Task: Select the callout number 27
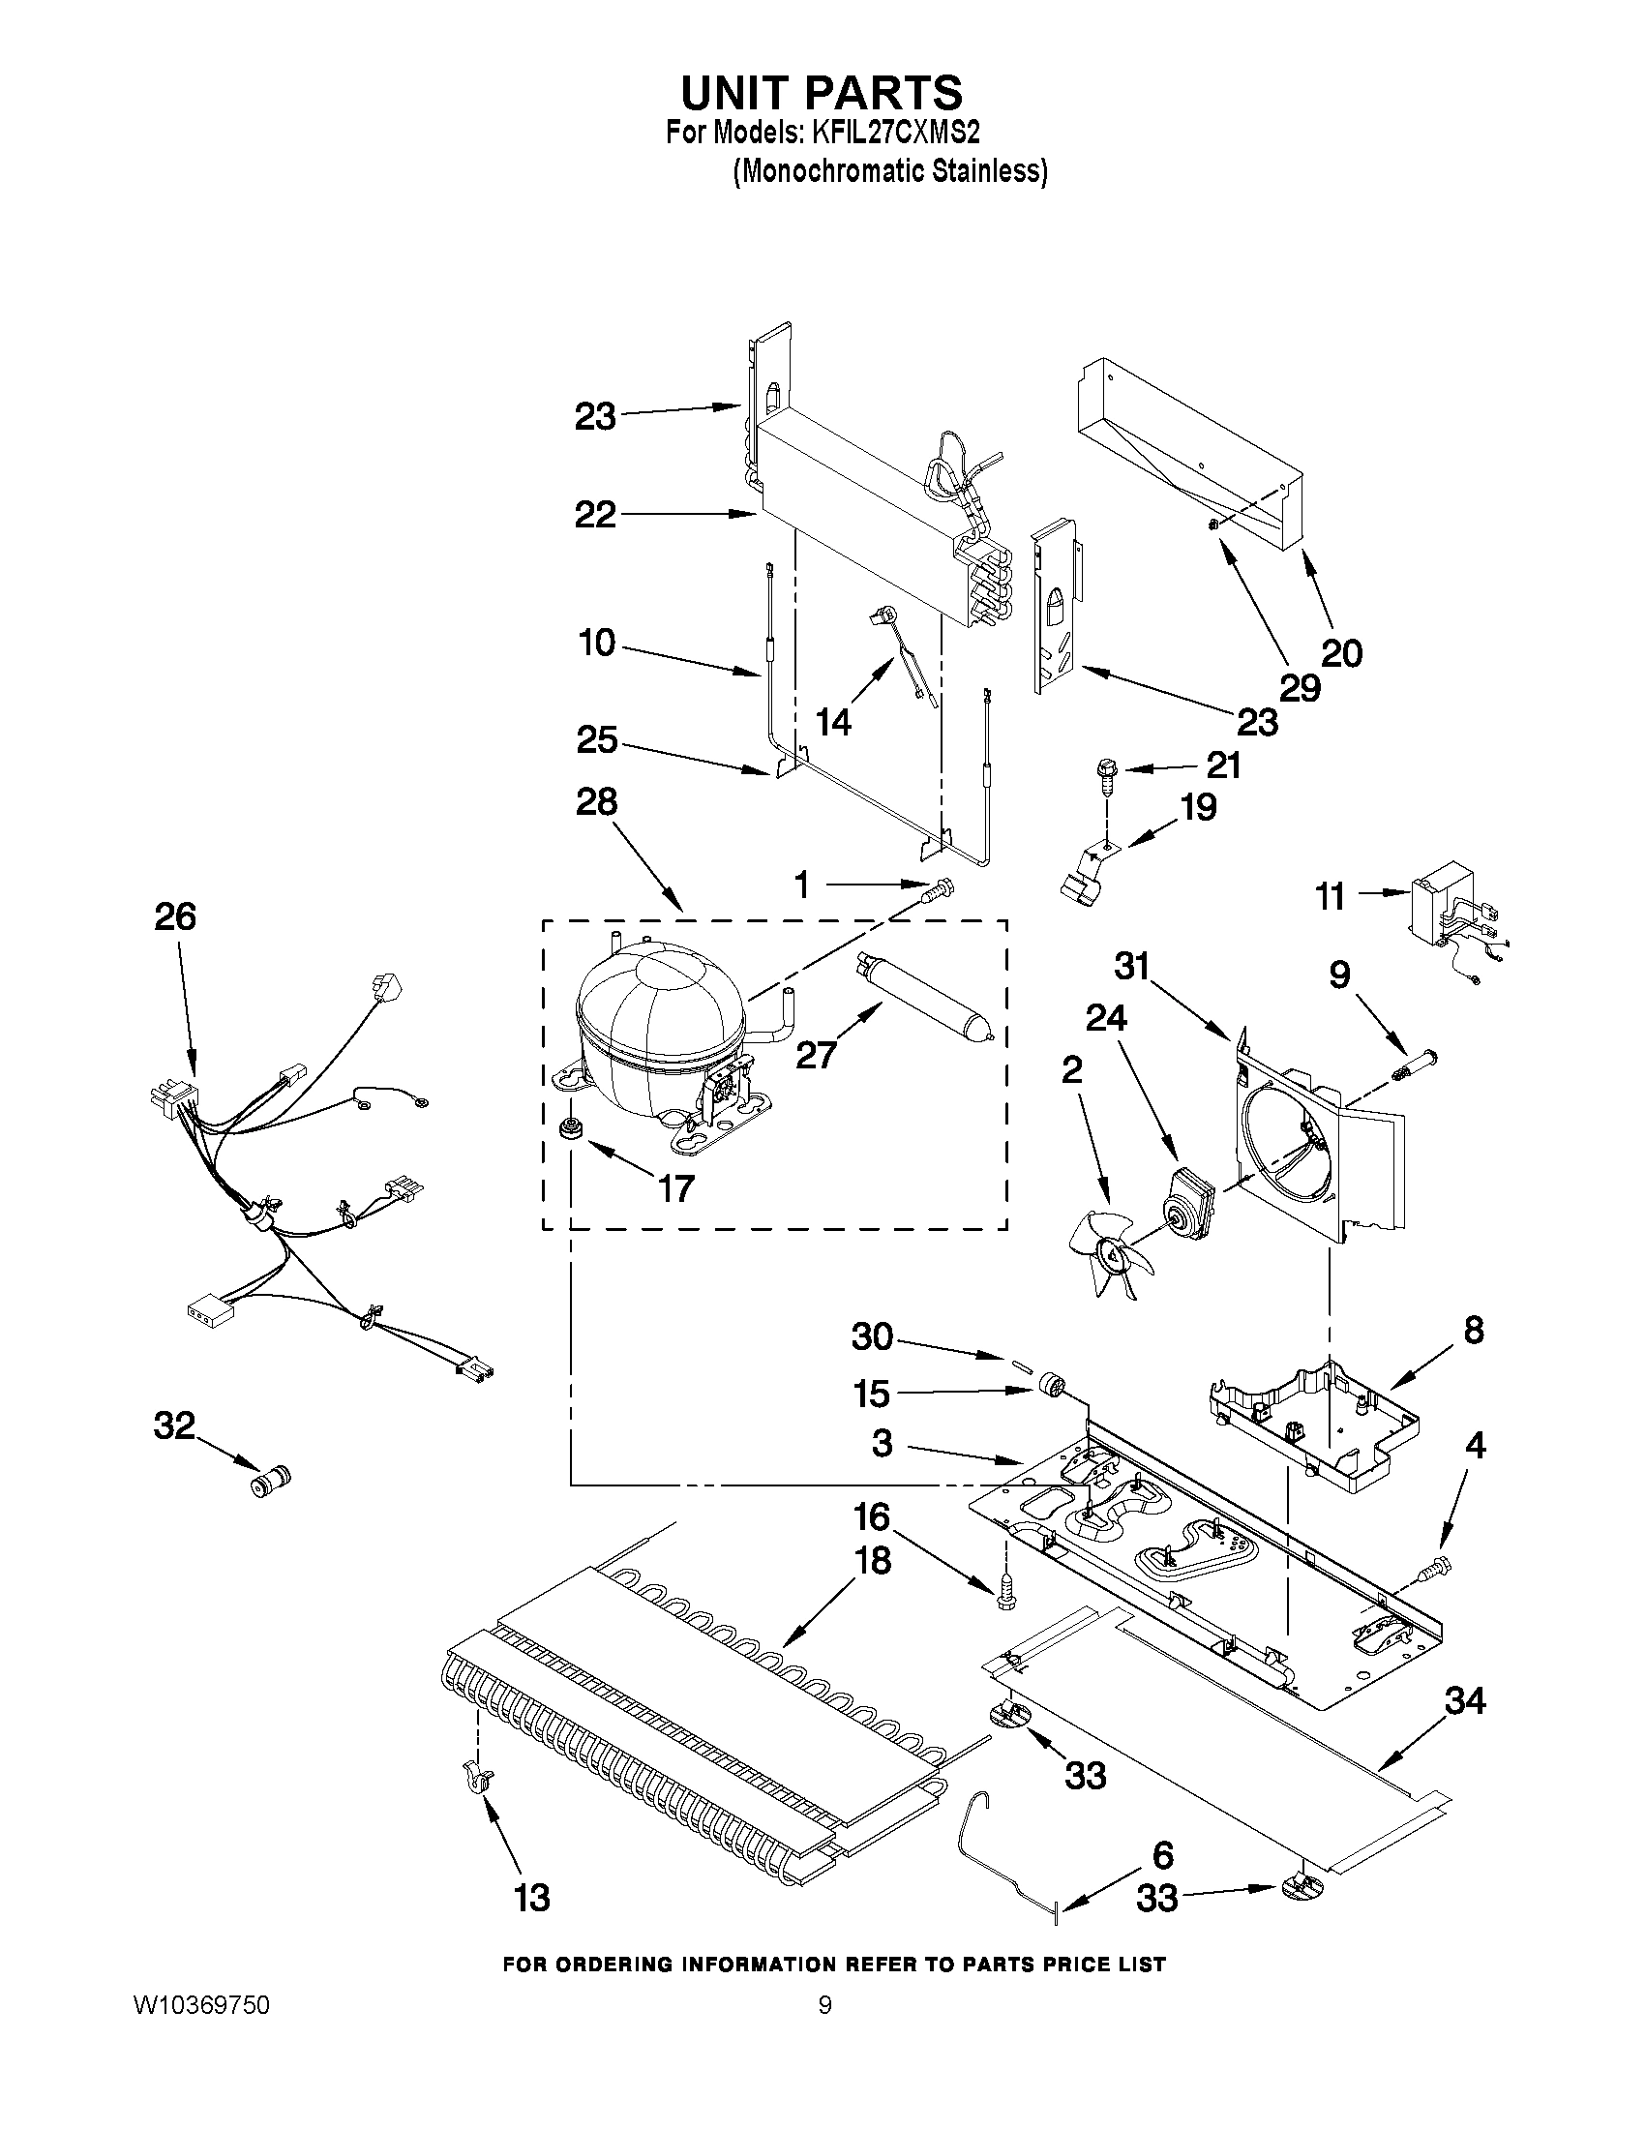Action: (815, 1054)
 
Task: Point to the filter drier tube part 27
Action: (921, 1001)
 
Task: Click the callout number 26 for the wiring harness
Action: (175, 916)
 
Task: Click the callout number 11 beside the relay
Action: (1332, 895)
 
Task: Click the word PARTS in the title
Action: (881, 94)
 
